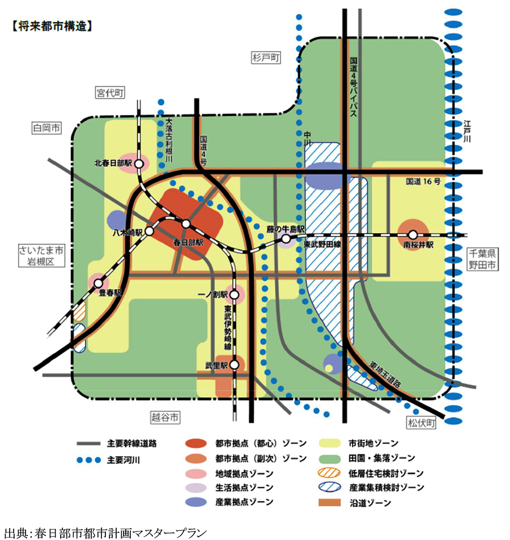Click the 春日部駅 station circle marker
[x=186, y=224]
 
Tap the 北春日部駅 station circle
[x=139, y=164]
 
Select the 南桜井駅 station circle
[x=413, y=235]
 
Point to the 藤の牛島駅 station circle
[x=286, y=238]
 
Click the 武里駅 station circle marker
[x=234, y=365]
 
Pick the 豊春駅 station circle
[x=99, y=283]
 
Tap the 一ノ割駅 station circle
[x=234, y=295]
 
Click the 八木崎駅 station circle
[x=149, y=231]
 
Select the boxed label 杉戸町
[x=266, y=58]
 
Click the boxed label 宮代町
[x=110, y=93]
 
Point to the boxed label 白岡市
[x=46, y=128]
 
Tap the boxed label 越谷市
[x=165, y=418]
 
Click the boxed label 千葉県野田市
[x=483, y=259]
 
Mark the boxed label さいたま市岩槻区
[x=41, y=255]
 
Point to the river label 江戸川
[x=467, y=131]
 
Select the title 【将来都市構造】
[x=52, y=27]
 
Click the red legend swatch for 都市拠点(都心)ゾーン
[x=196, y=443]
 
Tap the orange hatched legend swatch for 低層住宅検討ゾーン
[x=330, y=473]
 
